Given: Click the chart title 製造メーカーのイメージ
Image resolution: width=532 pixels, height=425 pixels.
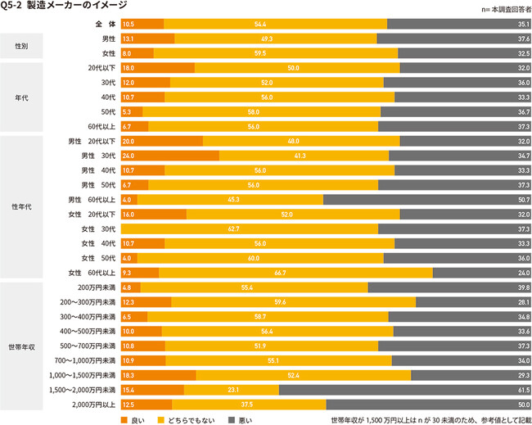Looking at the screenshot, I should (61, 7).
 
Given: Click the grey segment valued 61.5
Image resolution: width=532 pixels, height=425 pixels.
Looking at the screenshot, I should (405, 389).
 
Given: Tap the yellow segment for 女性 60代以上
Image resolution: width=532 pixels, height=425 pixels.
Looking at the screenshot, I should (295, 273).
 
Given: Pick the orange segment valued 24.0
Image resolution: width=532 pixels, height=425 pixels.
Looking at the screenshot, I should (169, 156).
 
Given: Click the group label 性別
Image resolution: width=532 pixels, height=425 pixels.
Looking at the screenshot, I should (21, 46).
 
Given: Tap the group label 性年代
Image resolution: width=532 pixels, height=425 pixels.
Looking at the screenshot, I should (21, 206).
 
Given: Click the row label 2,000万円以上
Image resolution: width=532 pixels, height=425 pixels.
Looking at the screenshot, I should (93, 404).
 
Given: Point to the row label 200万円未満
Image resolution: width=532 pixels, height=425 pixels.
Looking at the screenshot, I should (97, 287).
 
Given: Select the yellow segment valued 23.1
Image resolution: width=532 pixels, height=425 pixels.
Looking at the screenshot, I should (232, 389).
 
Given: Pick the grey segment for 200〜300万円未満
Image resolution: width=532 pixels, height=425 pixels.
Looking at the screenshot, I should (473, 302).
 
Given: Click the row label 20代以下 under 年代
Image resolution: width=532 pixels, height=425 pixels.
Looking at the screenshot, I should (101, 68).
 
